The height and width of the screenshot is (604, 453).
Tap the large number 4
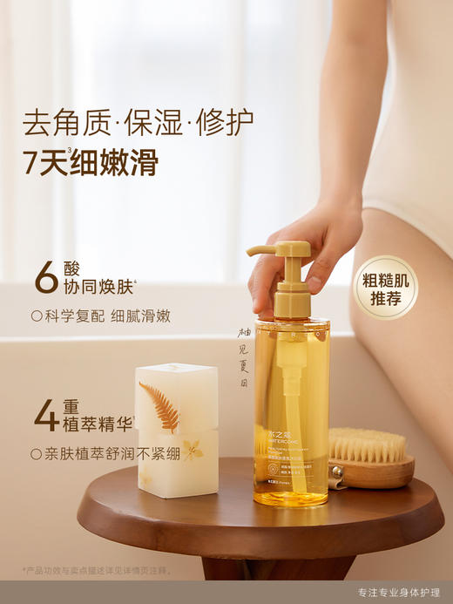click(45, 416)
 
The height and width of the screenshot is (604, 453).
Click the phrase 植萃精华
click(98, 425)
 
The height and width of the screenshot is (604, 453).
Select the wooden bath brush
click(370, 459)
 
